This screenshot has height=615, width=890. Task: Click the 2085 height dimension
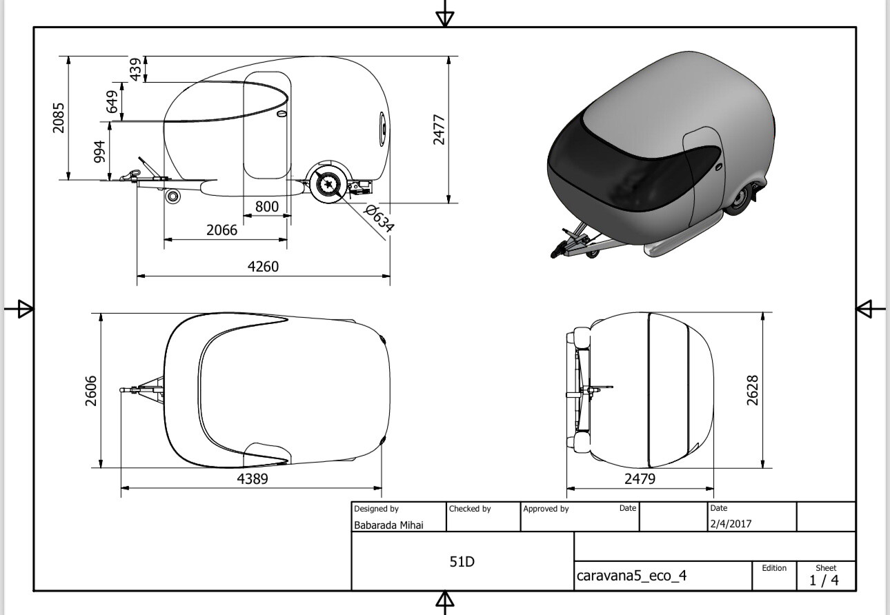click(58, 118)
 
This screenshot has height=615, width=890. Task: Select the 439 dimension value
click(135, 69)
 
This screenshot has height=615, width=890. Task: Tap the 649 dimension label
click(112, 101)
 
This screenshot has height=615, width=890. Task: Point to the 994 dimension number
click(99, 151)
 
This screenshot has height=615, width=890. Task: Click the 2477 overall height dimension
click(439, 130)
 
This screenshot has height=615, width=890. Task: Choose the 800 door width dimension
click(267, 206)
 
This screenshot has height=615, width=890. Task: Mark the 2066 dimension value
click(221, 230)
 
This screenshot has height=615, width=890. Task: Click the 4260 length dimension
click(263, 266)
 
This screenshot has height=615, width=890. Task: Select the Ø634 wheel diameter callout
click(379, 218)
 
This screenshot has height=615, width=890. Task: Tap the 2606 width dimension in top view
click(91, 391)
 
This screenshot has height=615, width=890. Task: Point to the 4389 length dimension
click(253, 478)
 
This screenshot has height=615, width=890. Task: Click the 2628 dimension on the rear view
click(753, 390)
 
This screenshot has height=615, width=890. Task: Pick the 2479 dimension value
click(640, 478)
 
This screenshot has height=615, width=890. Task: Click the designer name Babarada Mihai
click(388, 525)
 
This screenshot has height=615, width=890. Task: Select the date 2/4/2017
click(731, 524)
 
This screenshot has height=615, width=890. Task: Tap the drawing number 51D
click(462, 561)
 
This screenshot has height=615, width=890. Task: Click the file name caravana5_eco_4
click(631, 576)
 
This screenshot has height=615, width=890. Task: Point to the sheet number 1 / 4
click(824, 581)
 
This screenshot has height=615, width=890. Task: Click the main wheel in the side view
click(329, 184)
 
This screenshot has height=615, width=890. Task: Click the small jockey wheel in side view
click(173, 196)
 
